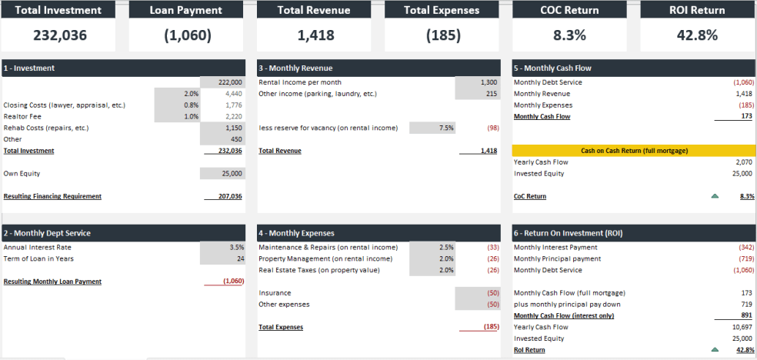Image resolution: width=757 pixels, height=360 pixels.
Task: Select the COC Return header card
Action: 570,11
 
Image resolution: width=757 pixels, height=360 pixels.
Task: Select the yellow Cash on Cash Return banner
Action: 633,151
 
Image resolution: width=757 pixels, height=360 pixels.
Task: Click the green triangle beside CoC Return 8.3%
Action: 715,196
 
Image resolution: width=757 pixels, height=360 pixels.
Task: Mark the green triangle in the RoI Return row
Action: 715,350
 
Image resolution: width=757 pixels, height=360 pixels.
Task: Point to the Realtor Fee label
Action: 23,116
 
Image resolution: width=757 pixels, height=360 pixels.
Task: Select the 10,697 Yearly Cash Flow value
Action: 742,327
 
